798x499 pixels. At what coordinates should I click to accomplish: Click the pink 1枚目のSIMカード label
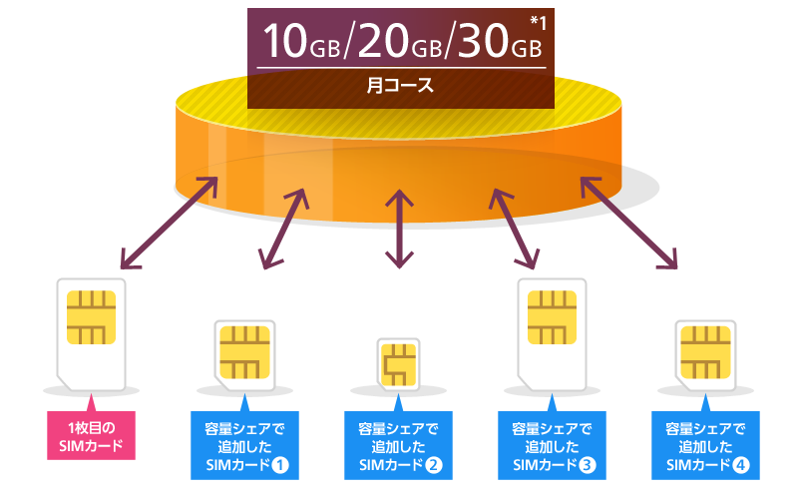[x=91, y=437]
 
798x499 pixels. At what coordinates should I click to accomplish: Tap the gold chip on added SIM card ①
[x=243, y=350]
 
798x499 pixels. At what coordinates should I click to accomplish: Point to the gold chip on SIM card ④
[x=705, y=350]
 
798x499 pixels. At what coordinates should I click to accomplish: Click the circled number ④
[x=741, y=465]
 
